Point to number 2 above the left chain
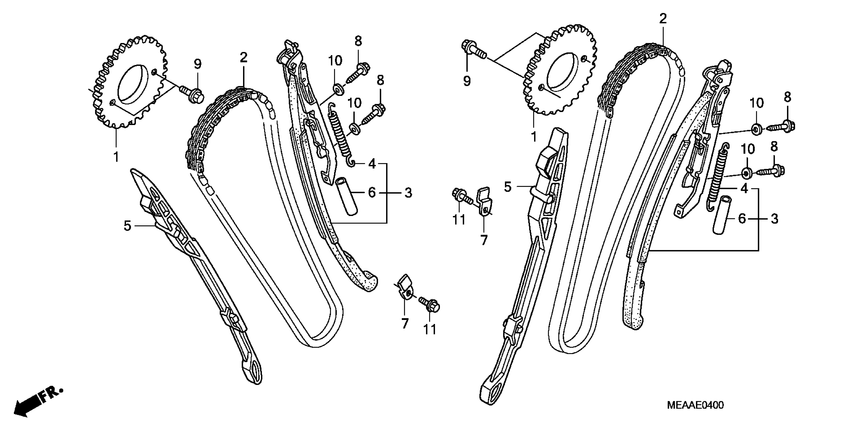click(x=243, y=57)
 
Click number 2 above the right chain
click(x=663, y=18)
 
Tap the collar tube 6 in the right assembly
click(x=722, y=216)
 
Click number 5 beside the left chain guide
click(x=127, y=226)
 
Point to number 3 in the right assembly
click(x=774, y=219)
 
